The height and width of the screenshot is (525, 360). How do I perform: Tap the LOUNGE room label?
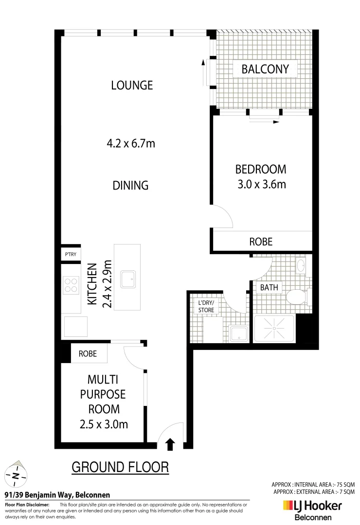132,85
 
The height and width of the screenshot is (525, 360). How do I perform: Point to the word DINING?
130,185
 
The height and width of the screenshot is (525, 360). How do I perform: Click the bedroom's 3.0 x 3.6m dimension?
260,184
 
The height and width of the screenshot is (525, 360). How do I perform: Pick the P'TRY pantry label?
71,254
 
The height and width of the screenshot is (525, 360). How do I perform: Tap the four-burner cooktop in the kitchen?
71,285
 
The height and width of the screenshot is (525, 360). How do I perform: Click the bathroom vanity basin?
301,265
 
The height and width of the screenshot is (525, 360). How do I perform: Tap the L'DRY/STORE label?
206,306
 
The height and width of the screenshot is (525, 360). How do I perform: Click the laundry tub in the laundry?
238,333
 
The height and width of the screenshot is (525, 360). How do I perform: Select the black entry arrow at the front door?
170,443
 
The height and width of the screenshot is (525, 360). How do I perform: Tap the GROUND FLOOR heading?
120,468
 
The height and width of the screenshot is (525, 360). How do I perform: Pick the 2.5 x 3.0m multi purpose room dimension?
104,424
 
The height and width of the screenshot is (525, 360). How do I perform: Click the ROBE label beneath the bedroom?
261,242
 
